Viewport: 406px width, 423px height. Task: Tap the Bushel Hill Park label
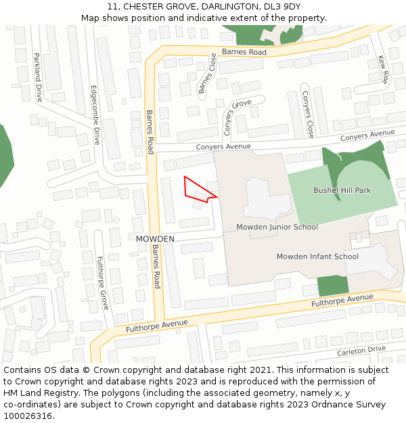(342, 191)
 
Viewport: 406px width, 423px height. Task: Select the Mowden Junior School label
(277, 227)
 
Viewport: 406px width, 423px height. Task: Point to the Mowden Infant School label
(317, 257)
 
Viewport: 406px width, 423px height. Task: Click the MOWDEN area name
(155, 240)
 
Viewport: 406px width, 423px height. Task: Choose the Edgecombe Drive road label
(95, 115)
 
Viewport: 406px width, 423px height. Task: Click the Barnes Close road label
(207, 73)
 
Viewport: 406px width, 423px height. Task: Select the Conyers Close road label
(308, 114)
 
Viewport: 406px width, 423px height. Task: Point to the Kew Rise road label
(384, 70)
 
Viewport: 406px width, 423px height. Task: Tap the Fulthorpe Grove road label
(102, 282)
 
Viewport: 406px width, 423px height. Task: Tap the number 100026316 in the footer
(27, 416)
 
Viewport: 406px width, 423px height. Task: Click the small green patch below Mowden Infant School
(332, 286)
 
